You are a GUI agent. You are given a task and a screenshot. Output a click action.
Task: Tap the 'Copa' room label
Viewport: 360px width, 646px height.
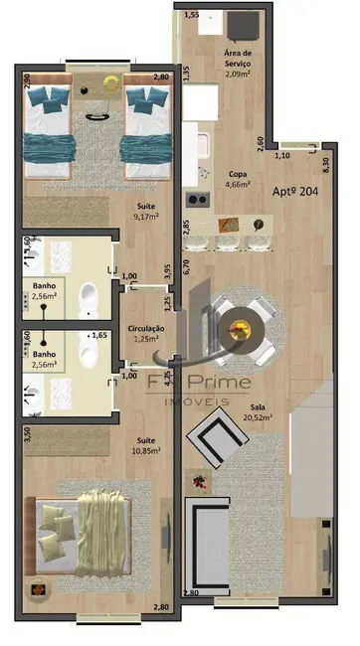[237, 173]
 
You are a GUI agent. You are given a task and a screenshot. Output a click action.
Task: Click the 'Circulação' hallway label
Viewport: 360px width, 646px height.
[145, 329]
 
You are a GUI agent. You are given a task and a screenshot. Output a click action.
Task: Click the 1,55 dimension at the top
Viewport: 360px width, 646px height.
[191, 16]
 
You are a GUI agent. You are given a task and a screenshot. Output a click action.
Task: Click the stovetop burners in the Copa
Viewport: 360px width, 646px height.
[198, 197]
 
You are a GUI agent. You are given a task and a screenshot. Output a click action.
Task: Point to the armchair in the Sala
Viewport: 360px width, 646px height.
[216, 439]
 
